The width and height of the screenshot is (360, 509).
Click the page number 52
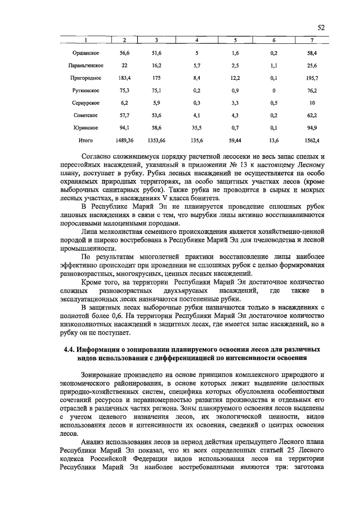[321, 28]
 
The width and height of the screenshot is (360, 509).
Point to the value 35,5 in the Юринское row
[196, 128]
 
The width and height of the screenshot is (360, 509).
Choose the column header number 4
[196, 40]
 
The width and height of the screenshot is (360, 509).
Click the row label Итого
[85, 140]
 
